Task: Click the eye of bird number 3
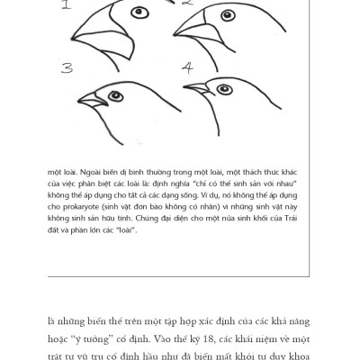click(x=114, y=94)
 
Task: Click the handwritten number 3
click(x=67, y=67)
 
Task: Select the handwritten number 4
click(x=187, y=67)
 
